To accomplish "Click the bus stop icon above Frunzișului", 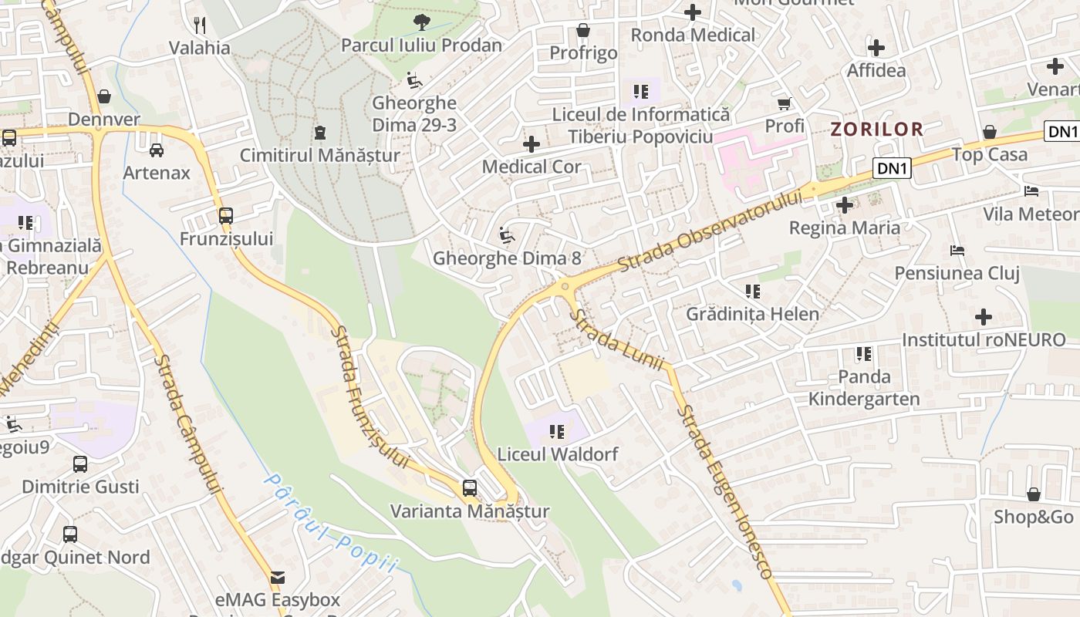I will [225, 216].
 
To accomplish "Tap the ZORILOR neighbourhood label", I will [876, 129].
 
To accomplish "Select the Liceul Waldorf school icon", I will [556, 432].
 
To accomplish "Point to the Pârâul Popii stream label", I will [331, 524].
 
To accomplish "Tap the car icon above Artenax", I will [157, 150].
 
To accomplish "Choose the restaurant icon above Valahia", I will [200, 25].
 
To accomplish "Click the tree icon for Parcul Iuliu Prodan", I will [421, 22].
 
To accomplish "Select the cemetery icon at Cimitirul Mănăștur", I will [319, 133].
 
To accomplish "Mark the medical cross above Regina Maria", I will [845, 205].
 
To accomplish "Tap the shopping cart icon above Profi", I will [785, 103].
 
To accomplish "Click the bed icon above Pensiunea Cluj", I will [957, 250].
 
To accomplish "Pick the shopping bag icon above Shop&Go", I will [1033, 494].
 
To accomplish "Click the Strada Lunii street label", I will [616, 340].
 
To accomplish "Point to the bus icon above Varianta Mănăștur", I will [469, 488].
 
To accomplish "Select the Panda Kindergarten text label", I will [864, 388].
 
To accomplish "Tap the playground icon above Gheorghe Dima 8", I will [507, 235].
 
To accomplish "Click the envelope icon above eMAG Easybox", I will [277, 577].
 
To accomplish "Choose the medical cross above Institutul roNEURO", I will [984, 317].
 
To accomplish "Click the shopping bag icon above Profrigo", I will [583, 30].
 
